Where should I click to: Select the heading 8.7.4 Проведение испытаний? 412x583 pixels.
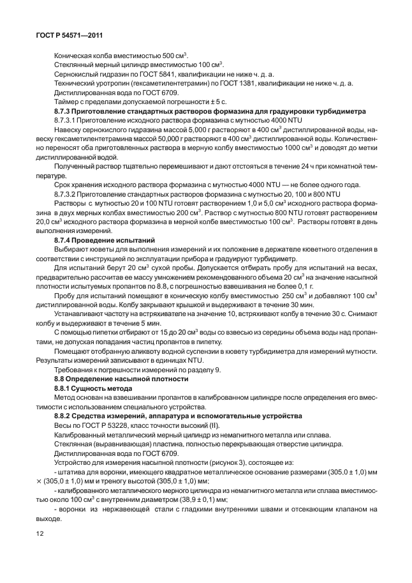tap(102, 239)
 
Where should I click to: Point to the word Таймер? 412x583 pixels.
tap(67, 101)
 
